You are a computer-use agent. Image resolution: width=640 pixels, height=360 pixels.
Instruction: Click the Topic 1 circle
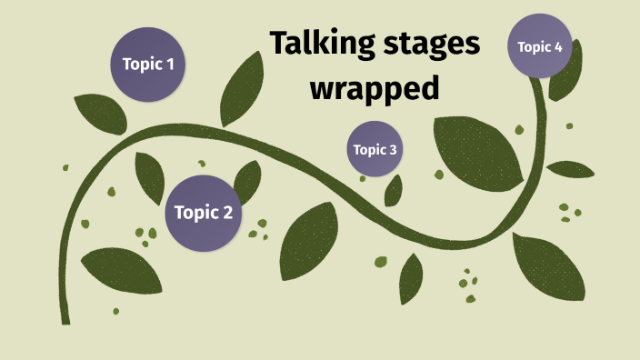tap(148, 64)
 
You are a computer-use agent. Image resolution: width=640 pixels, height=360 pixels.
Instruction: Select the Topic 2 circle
tap(203, 213)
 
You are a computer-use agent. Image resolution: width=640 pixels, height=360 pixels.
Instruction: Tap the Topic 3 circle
tap(375, 149)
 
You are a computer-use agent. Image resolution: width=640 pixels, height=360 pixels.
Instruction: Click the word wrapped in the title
tap(375, 88)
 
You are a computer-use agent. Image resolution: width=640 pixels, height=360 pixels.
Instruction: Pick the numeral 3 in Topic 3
tap(393, 150)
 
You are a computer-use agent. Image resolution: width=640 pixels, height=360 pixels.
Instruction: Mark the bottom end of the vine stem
tap(65, 319)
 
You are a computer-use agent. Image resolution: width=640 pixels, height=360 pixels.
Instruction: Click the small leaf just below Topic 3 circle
tap(394, 190)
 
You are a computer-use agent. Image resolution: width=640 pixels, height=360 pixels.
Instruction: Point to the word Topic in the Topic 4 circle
tap(535, 46)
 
